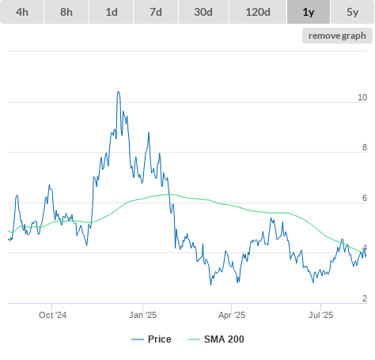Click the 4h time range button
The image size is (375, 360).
pos(22,12)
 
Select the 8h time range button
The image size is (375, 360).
pos(66,12)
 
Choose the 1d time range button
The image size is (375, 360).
pos(112,12)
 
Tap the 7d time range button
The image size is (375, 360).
pos(156,12)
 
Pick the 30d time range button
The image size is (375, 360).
pos(203,12)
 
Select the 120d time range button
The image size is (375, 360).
pos(258,12)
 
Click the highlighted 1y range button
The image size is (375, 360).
pos(309,12)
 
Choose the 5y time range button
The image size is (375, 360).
pos(353,12)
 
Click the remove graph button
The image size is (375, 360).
pos(337,36)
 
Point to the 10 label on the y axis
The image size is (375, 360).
pos(362,97)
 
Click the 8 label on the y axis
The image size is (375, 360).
pos(365,147)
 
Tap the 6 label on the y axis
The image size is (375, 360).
pos(365,198)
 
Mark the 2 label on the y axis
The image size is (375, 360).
pos(365,298)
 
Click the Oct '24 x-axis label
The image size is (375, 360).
pos(52,315)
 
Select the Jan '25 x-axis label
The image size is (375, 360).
pos(142,315)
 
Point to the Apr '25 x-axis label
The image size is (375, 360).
pos(232,315)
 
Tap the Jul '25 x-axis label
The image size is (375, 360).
pos(320,315)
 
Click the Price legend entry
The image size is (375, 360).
pos(151,339)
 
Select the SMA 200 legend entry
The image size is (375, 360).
pos(216,339)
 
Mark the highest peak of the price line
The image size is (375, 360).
pos(119,92)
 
